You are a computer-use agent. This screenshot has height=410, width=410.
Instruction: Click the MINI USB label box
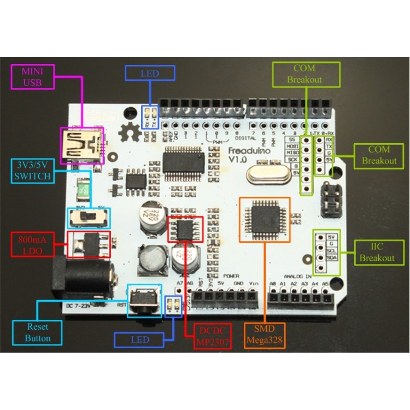(x=33, y=77)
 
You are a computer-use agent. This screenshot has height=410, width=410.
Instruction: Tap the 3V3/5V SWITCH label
(x=33, y=171)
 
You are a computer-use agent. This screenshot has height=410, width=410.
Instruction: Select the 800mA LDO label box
(x=33, y=245)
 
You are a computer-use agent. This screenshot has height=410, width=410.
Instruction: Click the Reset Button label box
(x=37, y=332)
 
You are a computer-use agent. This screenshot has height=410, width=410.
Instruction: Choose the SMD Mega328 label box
(x=266, y=336)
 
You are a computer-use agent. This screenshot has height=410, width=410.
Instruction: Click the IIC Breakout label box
(x=377, y=252)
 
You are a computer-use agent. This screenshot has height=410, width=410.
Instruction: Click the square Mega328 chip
(x=265, y=218)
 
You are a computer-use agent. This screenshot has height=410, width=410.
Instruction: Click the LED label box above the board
(x=150, y=73)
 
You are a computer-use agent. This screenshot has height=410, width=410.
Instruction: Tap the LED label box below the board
(x=139, y=339)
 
